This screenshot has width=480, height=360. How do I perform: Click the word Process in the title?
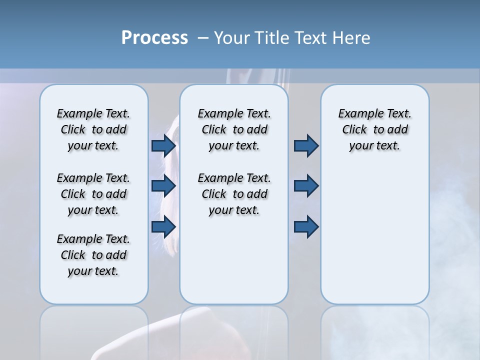(154, 38)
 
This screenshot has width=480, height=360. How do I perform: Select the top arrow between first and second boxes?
(163, 145)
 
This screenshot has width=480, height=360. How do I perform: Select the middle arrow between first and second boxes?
(163, 186)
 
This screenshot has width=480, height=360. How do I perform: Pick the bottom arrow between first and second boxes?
(163, 226)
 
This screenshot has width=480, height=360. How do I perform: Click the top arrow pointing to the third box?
(306, 145)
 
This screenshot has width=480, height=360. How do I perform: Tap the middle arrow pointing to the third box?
(306, 186)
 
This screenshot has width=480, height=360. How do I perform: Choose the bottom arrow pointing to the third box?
(306, 226)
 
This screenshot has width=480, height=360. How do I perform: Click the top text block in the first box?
(93, 129)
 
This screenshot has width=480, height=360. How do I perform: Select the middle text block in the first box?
(93, 194)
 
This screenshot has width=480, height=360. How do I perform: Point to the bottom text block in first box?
(93, 255)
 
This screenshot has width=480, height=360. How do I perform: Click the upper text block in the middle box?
(234, 129)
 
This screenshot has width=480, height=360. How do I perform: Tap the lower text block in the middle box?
(234, 194)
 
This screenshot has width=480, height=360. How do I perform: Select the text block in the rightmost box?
(374, 129)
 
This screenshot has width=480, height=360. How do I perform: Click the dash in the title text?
(203, 38)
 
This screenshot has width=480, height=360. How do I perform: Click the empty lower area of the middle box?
(234, 260)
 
